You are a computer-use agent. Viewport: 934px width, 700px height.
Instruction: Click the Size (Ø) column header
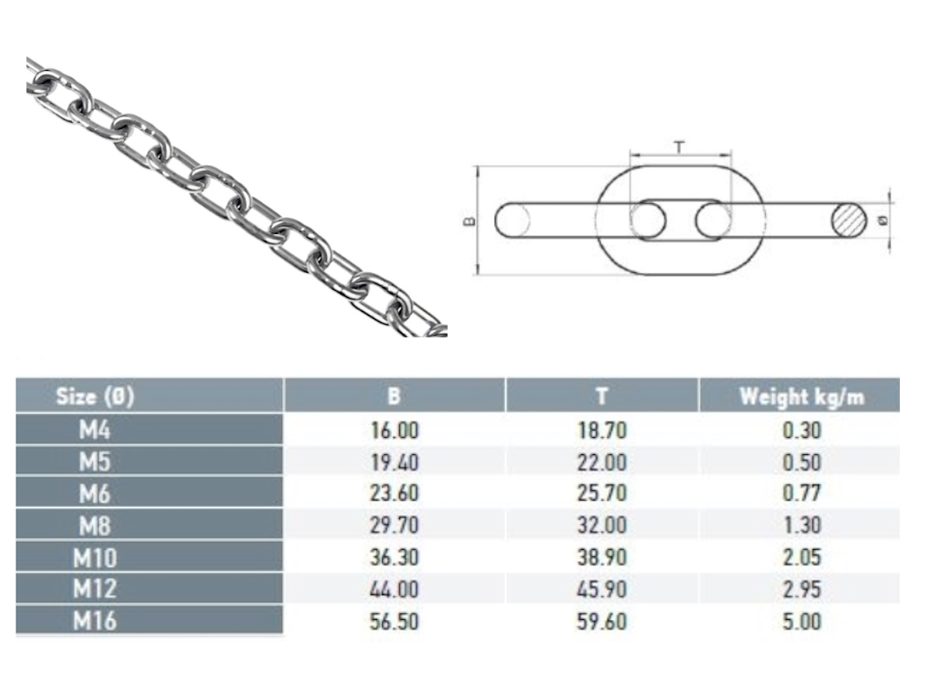tap(95, 397)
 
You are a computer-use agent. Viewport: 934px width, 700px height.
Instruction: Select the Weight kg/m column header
tap(802, 397)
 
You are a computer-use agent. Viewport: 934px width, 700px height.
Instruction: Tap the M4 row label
tap(94, 429)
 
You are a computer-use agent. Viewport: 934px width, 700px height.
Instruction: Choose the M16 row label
tap(94, 621)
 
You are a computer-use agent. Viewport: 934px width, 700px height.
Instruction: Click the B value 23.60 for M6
tap(394, 493)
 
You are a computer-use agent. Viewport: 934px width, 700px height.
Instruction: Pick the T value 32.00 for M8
tap(602, 525)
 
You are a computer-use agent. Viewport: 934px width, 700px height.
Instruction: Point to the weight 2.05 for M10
tap(802, 557)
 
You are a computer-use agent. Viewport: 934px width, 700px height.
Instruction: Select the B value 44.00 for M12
tap(394, 589)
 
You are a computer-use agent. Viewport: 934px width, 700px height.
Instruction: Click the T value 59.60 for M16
tap(602, 621)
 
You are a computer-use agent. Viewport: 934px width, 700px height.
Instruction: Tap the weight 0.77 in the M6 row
tap(802, 493)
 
